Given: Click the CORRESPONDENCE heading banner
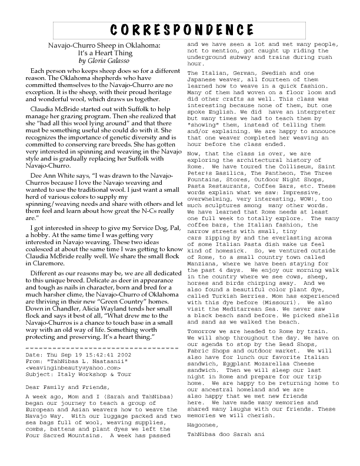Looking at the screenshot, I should pyautogui.click(x=180, y=31).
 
